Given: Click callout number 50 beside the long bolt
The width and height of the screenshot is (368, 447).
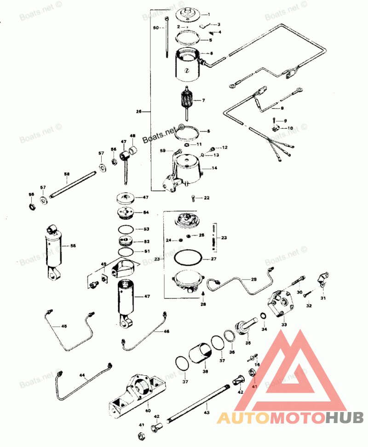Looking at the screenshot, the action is tap(156, 28).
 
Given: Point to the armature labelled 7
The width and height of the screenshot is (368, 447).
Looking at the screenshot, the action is tap(187, 100).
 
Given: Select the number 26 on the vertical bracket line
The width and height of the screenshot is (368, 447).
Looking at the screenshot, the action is tap(139, 112).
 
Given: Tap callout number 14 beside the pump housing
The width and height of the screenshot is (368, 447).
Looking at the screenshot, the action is tap(214, 168).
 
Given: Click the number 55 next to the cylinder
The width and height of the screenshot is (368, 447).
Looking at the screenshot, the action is tap(72, 246).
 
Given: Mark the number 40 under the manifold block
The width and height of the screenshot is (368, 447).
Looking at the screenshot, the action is tap(148, 410).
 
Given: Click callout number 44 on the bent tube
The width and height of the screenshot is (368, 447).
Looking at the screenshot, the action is tap(82, 375).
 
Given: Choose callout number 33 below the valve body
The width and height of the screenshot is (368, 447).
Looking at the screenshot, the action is tap(284, 325).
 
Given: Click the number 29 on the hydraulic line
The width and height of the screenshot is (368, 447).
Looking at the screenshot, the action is tap(253, 280).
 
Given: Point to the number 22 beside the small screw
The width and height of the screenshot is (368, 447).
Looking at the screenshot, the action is tap(207, 198).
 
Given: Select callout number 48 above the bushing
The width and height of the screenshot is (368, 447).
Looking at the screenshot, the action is tap(132, 136).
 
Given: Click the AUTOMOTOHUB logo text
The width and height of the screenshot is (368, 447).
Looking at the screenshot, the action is tap(290, 418).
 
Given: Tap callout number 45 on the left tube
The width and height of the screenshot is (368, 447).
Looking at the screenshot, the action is tap(64, 326).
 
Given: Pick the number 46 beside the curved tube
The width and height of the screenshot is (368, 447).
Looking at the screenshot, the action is tap(166, 331).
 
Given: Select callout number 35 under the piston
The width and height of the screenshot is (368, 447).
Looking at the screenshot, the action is tap(248, 342).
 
